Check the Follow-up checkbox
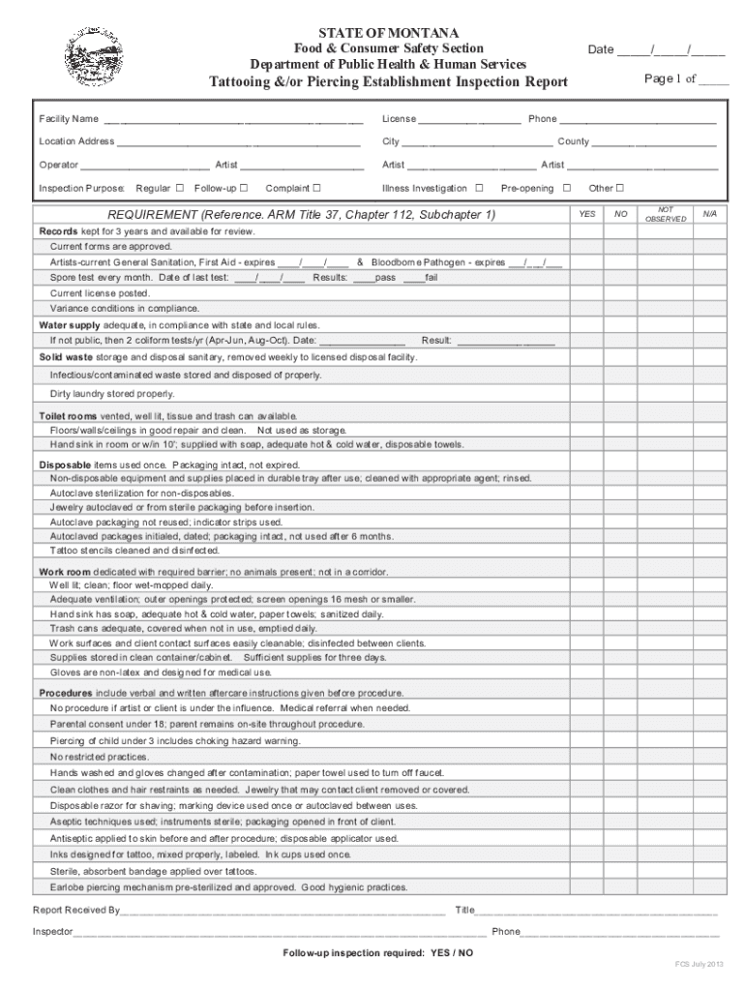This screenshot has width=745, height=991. coord(244,188)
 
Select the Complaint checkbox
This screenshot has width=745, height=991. coord(316,188)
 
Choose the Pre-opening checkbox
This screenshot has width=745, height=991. coord(567,188)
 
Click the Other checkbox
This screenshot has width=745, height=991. coord(620,188)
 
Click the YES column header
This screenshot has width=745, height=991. coord(587,214)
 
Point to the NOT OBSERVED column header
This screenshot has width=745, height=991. coord(665,214)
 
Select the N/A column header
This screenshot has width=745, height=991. coord(709,214)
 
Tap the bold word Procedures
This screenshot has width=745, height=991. coord(66,693)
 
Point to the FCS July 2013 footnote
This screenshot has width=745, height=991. coord(699,965)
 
